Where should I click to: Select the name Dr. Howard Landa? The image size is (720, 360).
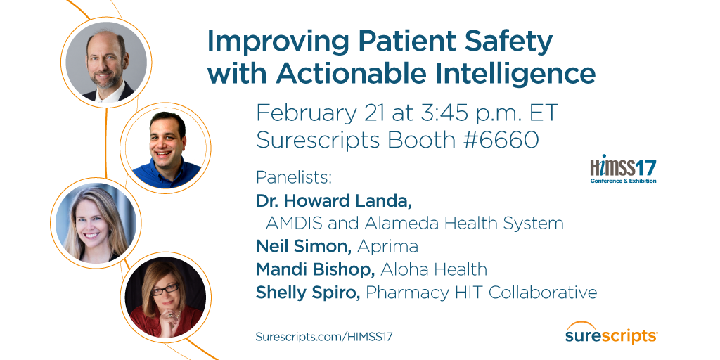click(334, 200)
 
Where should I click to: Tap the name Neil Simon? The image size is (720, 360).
click(304, 246)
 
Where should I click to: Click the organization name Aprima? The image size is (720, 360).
click(387, 246)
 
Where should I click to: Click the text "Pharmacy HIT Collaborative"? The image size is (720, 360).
click(482, 292)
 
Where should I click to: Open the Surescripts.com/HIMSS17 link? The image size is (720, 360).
click(324, 336)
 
